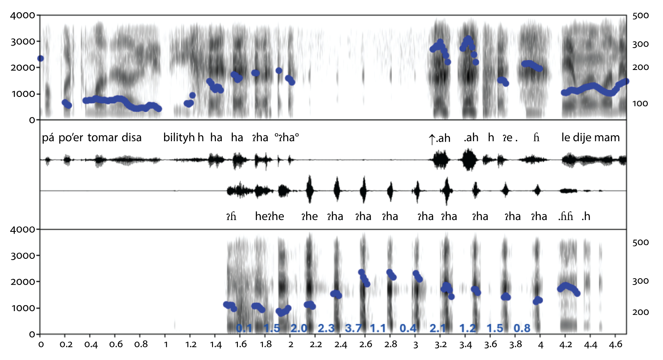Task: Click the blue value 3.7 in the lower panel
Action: [x=353, y=328]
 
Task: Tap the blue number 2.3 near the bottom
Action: [x=326, y=328]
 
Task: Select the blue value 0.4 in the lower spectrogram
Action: [x=408, y=328]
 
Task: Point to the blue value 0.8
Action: [x=522, y=328]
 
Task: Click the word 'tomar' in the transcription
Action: [x=102, y=137]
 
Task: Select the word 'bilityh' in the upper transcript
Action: [x=179, y=137]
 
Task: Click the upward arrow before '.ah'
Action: [x=431, y=139]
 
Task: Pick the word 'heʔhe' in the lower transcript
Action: [x=270, y=216]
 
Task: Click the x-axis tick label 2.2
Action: [x=315, y=344]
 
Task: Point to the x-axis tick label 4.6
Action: [x=615, y=344]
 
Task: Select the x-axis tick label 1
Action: [x=166, y=344]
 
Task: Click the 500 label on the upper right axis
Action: [x=640, y=16]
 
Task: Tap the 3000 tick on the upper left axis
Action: [x=23, y=41]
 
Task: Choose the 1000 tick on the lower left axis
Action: [x=23, y=308]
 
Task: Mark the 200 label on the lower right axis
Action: [x=640, y=312]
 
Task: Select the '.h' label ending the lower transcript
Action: [x=585, y=216]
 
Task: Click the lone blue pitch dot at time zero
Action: [x=40, y=59]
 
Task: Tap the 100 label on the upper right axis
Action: [x=640, y=103]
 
